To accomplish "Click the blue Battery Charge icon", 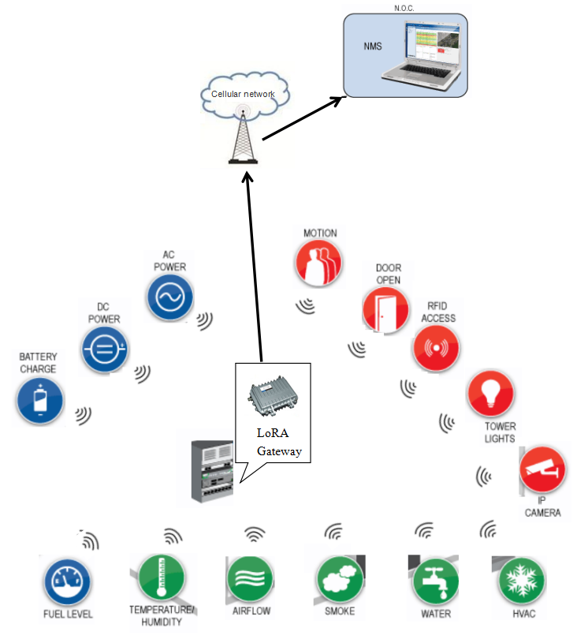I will [39, 401].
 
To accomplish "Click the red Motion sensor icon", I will [319, 263].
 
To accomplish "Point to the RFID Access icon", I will [437, 347].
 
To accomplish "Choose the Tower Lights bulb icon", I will [490, 394].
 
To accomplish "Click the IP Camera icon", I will [542, 470].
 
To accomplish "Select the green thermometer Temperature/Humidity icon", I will [160, 578].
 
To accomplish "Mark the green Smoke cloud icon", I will [341, 580].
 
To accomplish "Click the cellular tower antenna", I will [243, 134].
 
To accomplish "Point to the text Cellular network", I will [243, 94].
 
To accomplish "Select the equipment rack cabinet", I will [213, 472].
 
